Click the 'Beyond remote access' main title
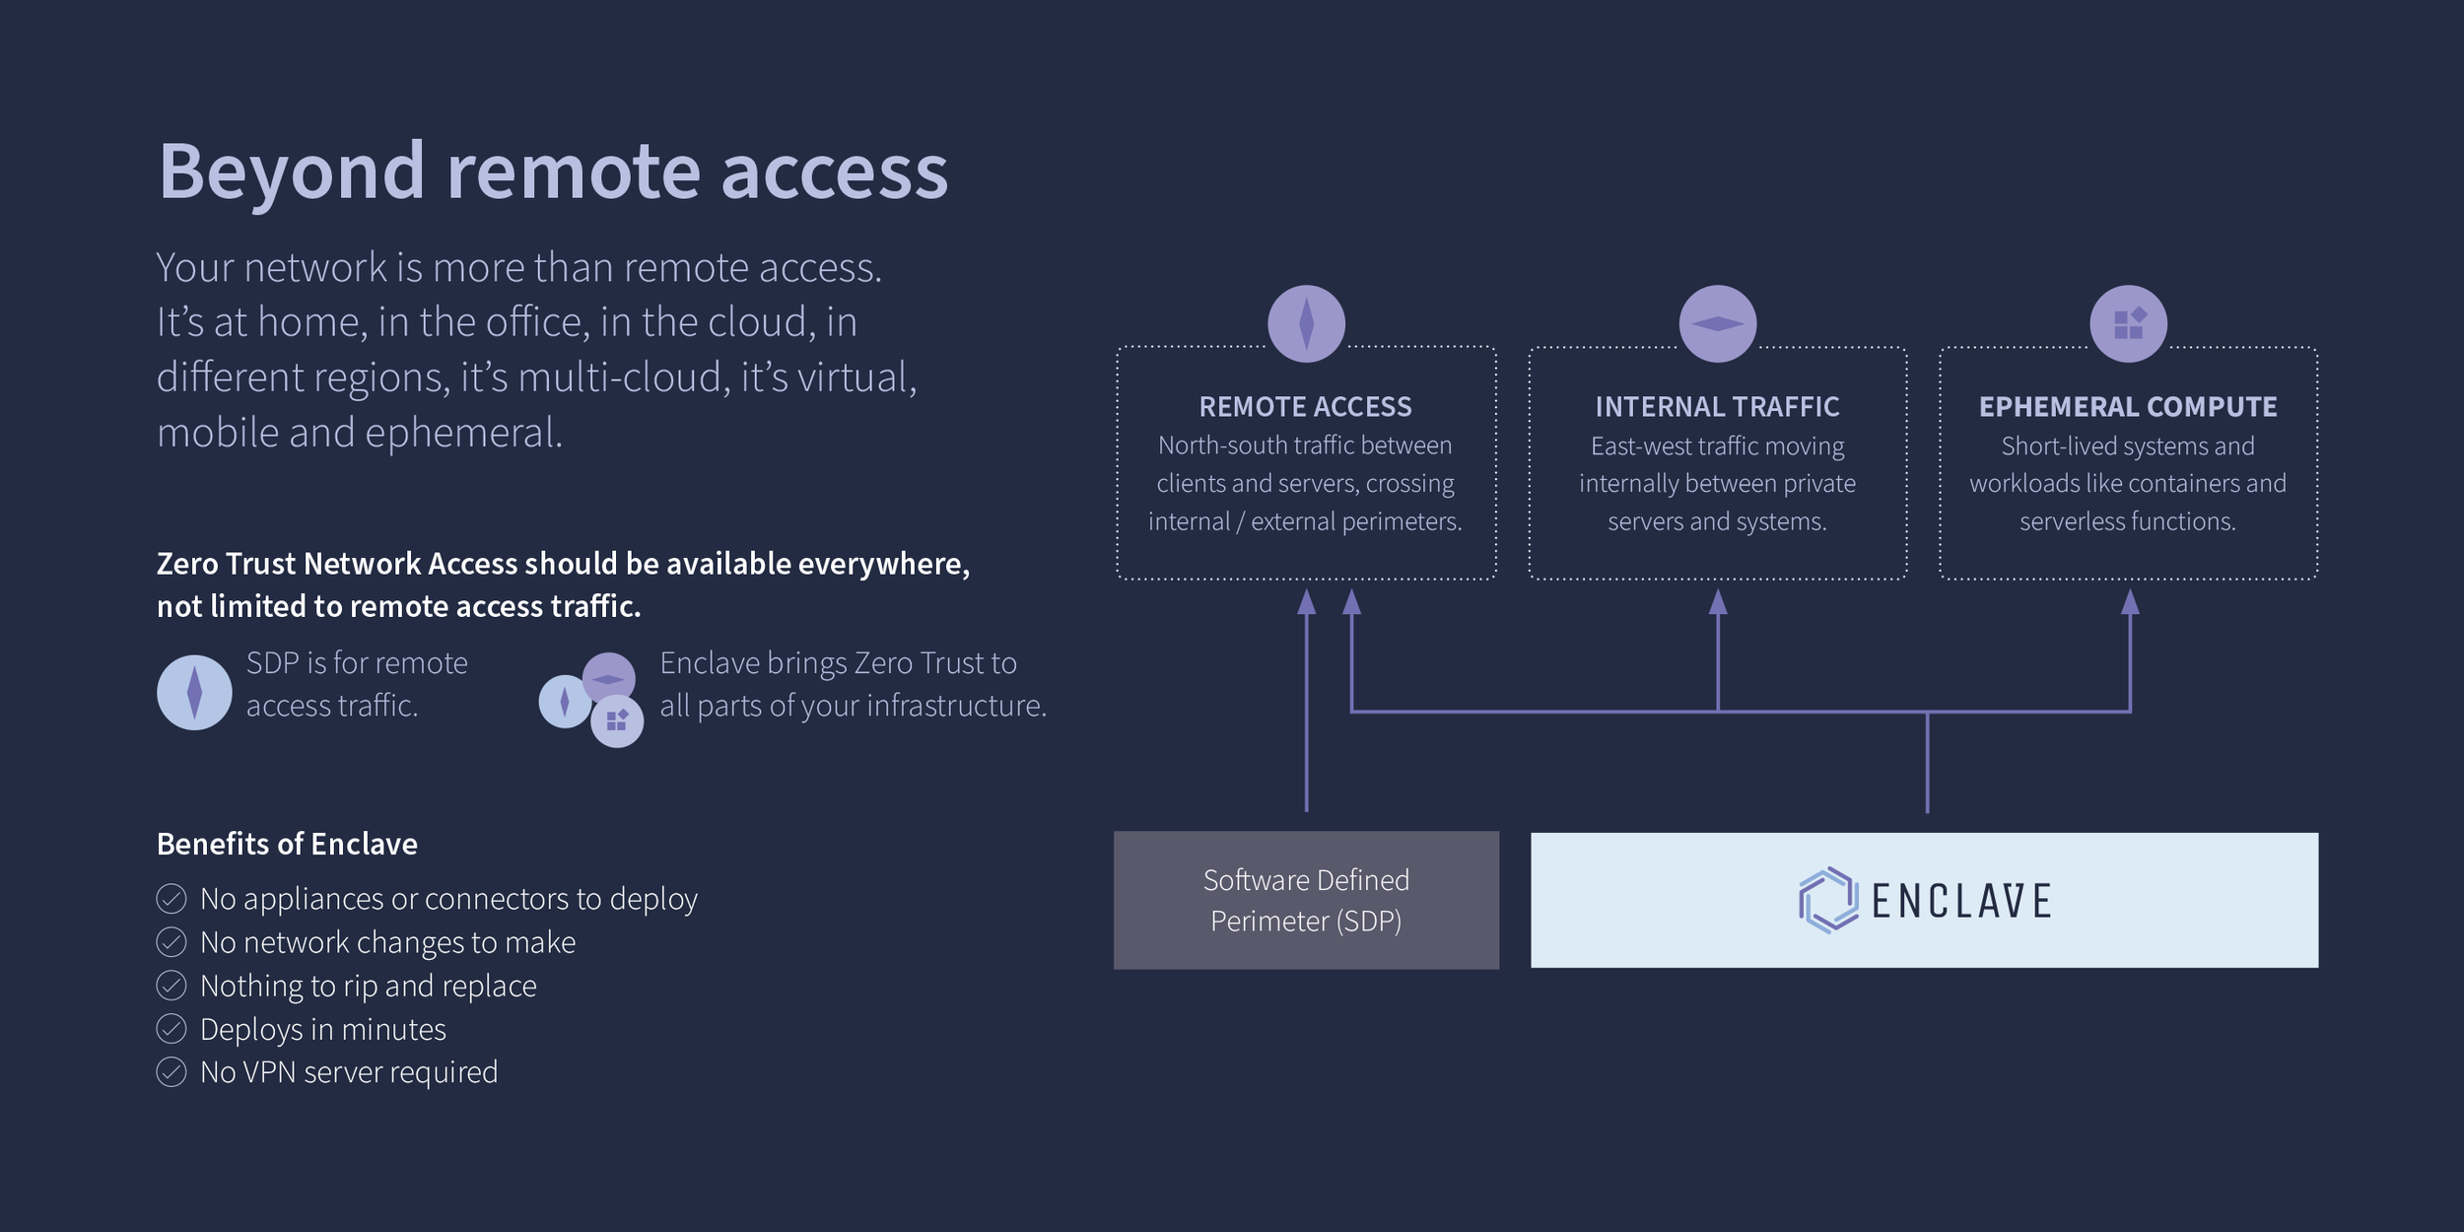pos(553,172)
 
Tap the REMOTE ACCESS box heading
pos(1305,407)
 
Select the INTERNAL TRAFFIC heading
pos(1717,407)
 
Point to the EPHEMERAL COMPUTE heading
pos(2128,407)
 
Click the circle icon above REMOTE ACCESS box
pos(1306,323)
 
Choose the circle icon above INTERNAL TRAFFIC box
pos(1717,323)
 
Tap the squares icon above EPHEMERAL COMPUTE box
pos(2128,323)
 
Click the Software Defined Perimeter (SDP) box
pos(1306,900)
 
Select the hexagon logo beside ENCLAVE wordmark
pos(1828,900)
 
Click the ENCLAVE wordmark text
pos(1961,901)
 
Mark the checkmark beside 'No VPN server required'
pos(171,1071)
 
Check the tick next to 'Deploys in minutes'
pos(171,1028)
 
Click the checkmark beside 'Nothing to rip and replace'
pos(171,985)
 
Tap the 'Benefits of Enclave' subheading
pos(287,844)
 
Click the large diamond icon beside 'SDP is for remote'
pos(194,692)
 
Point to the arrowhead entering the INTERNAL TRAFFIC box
pos(1718,601)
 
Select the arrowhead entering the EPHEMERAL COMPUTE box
pos(2130,601)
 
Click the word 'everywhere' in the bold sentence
pos(883,564)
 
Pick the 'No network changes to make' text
pos(387,942)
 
